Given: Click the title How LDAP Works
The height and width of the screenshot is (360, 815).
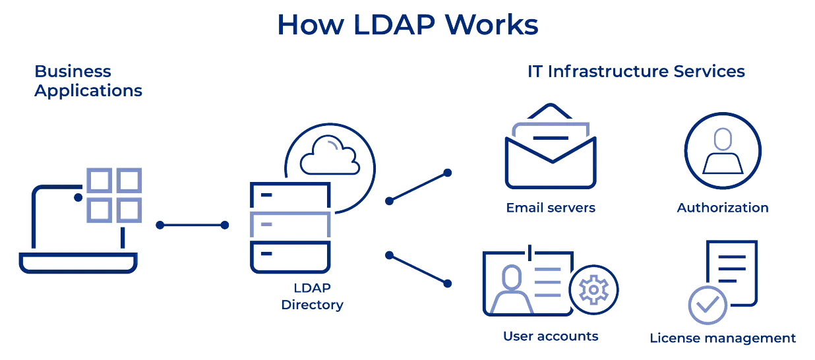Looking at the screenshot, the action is (407, 25).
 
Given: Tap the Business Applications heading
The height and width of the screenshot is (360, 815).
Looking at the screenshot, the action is (88, 80).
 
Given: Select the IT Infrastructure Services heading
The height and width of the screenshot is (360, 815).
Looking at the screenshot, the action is (636, 71).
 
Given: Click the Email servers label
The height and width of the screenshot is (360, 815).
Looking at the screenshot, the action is (551, 208).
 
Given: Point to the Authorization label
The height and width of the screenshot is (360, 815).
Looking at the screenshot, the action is (723, 208).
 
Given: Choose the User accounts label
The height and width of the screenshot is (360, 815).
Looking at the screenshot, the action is (551, 336).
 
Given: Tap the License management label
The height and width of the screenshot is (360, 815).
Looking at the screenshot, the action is (723, 338).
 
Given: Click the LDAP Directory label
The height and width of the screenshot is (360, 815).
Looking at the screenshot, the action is (312, 296).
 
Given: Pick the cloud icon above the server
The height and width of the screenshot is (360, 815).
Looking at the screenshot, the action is (330, 155).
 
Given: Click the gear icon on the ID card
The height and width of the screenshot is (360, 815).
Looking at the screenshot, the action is (594, 290).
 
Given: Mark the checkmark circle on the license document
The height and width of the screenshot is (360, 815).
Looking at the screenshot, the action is (708, 305).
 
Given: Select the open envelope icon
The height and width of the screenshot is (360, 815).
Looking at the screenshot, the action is (551, 146).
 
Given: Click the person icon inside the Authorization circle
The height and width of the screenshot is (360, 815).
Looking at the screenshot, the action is (723, 151).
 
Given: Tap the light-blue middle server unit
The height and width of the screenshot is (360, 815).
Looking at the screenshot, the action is (290, 225).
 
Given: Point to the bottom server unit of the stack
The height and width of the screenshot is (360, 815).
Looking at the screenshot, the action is (290, 256).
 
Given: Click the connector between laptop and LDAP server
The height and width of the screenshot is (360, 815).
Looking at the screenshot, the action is (192, 225).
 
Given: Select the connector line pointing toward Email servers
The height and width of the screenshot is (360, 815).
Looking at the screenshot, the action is (419, 187).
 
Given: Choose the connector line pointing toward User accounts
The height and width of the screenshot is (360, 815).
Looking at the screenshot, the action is (419, 270).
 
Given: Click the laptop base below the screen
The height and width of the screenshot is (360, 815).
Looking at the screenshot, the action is (78, 263).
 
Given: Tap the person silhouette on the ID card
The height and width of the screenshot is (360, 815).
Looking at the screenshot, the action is (512, 289).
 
